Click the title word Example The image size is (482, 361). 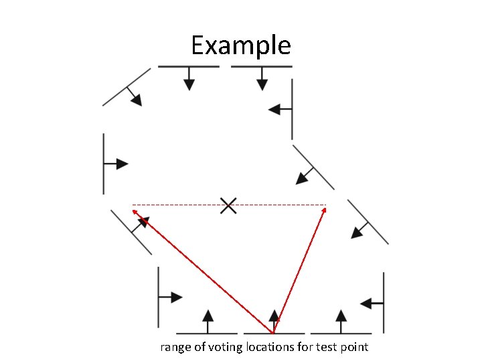[x=241, y=45]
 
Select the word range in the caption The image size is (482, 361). [x=175, y=347]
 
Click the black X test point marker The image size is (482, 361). [x=228, y=206]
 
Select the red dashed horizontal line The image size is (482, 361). [x=181, y=205]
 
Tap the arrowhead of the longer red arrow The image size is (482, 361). [x=135, y=211]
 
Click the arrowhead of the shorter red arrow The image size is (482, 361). [x=325, y=210]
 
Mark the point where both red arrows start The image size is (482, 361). [x=273, y=332]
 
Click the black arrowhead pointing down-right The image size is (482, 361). [x=136, y=100]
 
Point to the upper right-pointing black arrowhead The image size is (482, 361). [x=121, y=163]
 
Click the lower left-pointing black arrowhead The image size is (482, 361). [x=366, y=304]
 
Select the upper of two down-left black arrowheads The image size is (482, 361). [x=302, y=177]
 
